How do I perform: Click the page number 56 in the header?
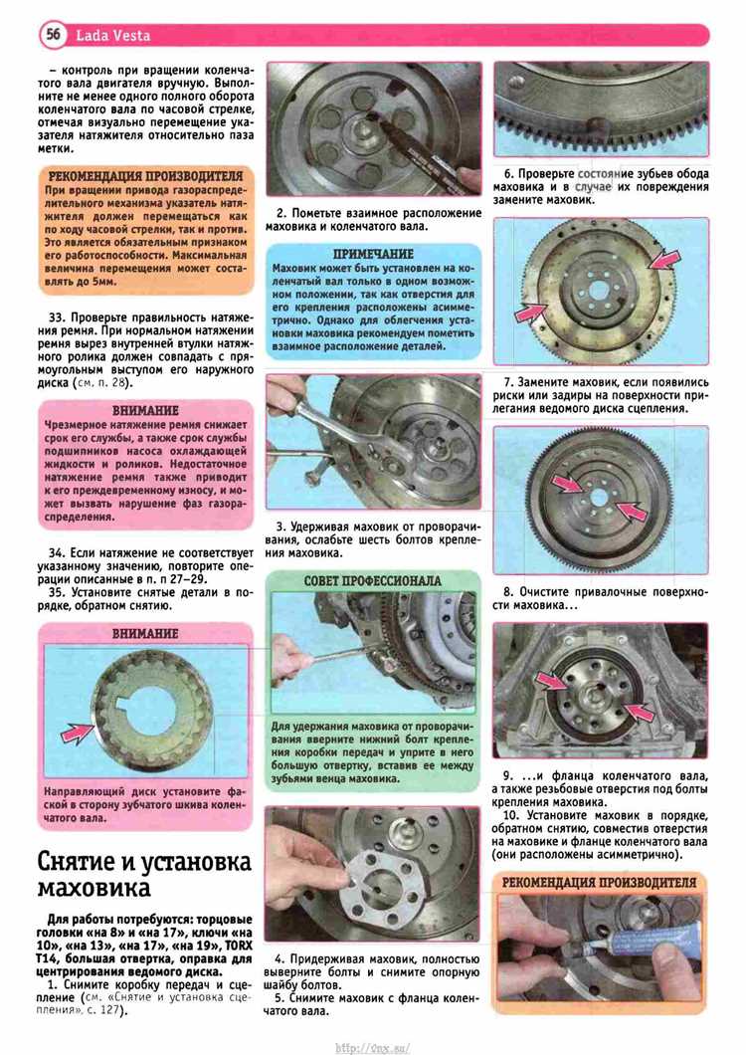pos(52,35)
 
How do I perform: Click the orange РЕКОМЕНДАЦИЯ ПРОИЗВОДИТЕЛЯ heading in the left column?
pos(144,176)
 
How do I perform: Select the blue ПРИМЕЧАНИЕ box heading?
pos(373,254)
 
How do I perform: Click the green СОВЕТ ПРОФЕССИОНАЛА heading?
pos(373,580)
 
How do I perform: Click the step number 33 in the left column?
pos(59,316)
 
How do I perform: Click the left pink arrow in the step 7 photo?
pos(532,311)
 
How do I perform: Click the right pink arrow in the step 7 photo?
pos(664,261)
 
